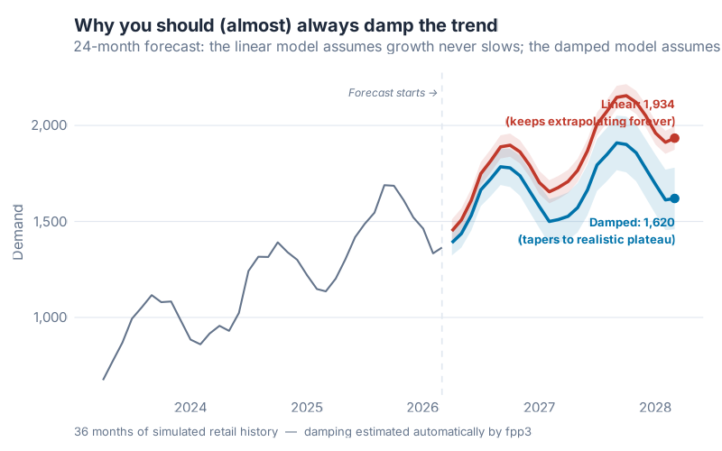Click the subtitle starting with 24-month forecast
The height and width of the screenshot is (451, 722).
(397, 46)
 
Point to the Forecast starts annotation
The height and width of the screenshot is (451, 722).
(393, 92)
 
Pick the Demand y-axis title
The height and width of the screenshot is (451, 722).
(18, 232)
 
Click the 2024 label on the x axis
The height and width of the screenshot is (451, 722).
(191, 407)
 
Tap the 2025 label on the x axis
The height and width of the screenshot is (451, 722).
(307, 407)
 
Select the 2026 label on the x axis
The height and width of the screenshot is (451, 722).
(422, 407)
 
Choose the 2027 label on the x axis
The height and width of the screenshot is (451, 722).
(539, 407)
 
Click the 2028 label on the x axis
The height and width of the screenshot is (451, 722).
(654, 407)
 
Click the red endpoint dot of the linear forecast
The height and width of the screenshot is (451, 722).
(674, 138)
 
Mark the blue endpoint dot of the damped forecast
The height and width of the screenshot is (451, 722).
(674, 198)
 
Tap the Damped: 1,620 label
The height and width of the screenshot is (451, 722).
(632, 222)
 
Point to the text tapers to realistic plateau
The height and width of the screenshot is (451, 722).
(596, 239)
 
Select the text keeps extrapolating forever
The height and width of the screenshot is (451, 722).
(590, 121)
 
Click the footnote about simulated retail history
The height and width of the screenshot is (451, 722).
(302, 431)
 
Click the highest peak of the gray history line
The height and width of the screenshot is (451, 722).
(385, 185)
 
